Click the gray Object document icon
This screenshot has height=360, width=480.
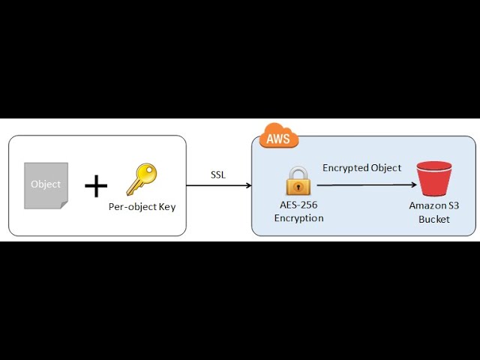[x=46, y=184]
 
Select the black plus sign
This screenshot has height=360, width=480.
[x=95, y=185]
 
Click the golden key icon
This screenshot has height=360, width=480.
[x=141, y=179]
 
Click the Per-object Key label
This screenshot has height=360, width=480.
[x=142, y=206]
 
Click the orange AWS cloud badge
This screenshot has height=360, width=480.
[x=279, y=138]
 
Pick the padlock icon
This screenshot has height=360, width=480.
[x=298, y=182]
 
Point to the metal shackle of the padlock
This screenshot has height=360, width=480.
[x=298, y=172]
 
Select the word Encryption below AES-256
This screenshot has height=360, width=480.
[x=298, y=218]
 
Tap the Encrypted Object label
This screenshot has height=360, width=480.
[x=361, y=168]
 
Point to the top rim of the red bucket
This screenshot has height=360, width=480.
[x=434, y=166]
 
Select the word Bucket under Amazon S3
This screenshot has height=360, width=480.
[x=434, y=218]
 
